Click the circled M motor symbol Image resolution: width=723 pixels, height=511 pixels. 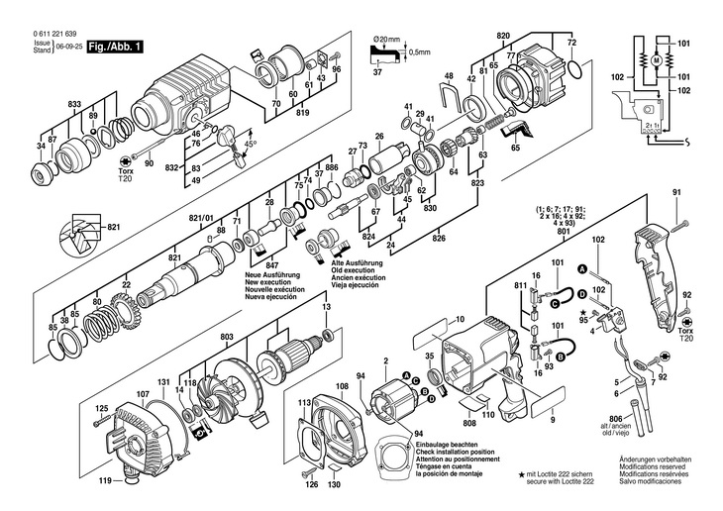click(x=655, y=60)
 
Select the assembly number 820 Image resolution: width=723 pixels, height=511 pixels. click(x=503, y=37)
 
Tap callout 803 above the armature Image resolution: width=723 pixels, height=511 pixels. click(x=227, y=338)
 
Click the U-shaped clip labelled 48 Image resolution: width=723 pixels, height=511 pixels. click(x=452, y=96)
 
